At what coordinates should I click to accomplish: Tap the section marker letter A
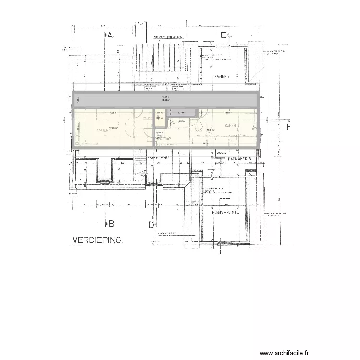109,36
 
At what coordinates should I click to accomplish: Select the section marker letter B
111,223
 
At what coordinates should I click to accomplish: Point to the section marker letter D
150,224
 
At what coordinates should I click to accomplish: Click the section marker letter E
224,35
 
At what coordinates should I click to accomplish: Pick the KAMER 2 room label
222,76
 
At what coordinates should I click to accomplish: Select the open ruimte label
159,157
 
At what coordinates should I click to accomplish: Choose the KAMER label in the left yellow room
102,130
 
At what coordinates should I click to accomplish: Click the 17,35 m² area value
113,128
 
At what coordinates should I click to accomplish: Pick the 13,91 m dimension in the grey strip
165,97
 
